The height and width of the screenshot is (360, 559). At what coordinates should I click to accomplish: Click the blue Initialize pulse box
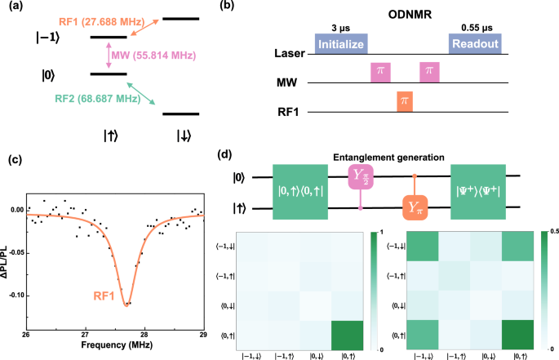341,43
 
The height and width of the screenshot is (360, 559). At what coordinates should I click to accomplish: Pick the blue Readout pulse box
475,43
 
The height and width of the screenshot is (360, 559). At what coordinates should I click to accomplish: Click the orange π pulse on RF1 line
402,102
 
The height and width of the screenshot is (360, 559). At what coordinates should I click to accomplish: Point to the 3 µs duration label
341,26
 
